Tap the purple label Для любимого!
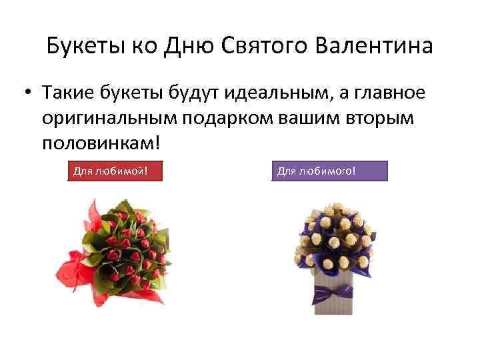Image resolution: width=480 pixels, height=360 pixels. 329,172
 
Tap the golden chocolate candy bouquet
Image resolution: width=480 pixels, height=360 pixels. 333,240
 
